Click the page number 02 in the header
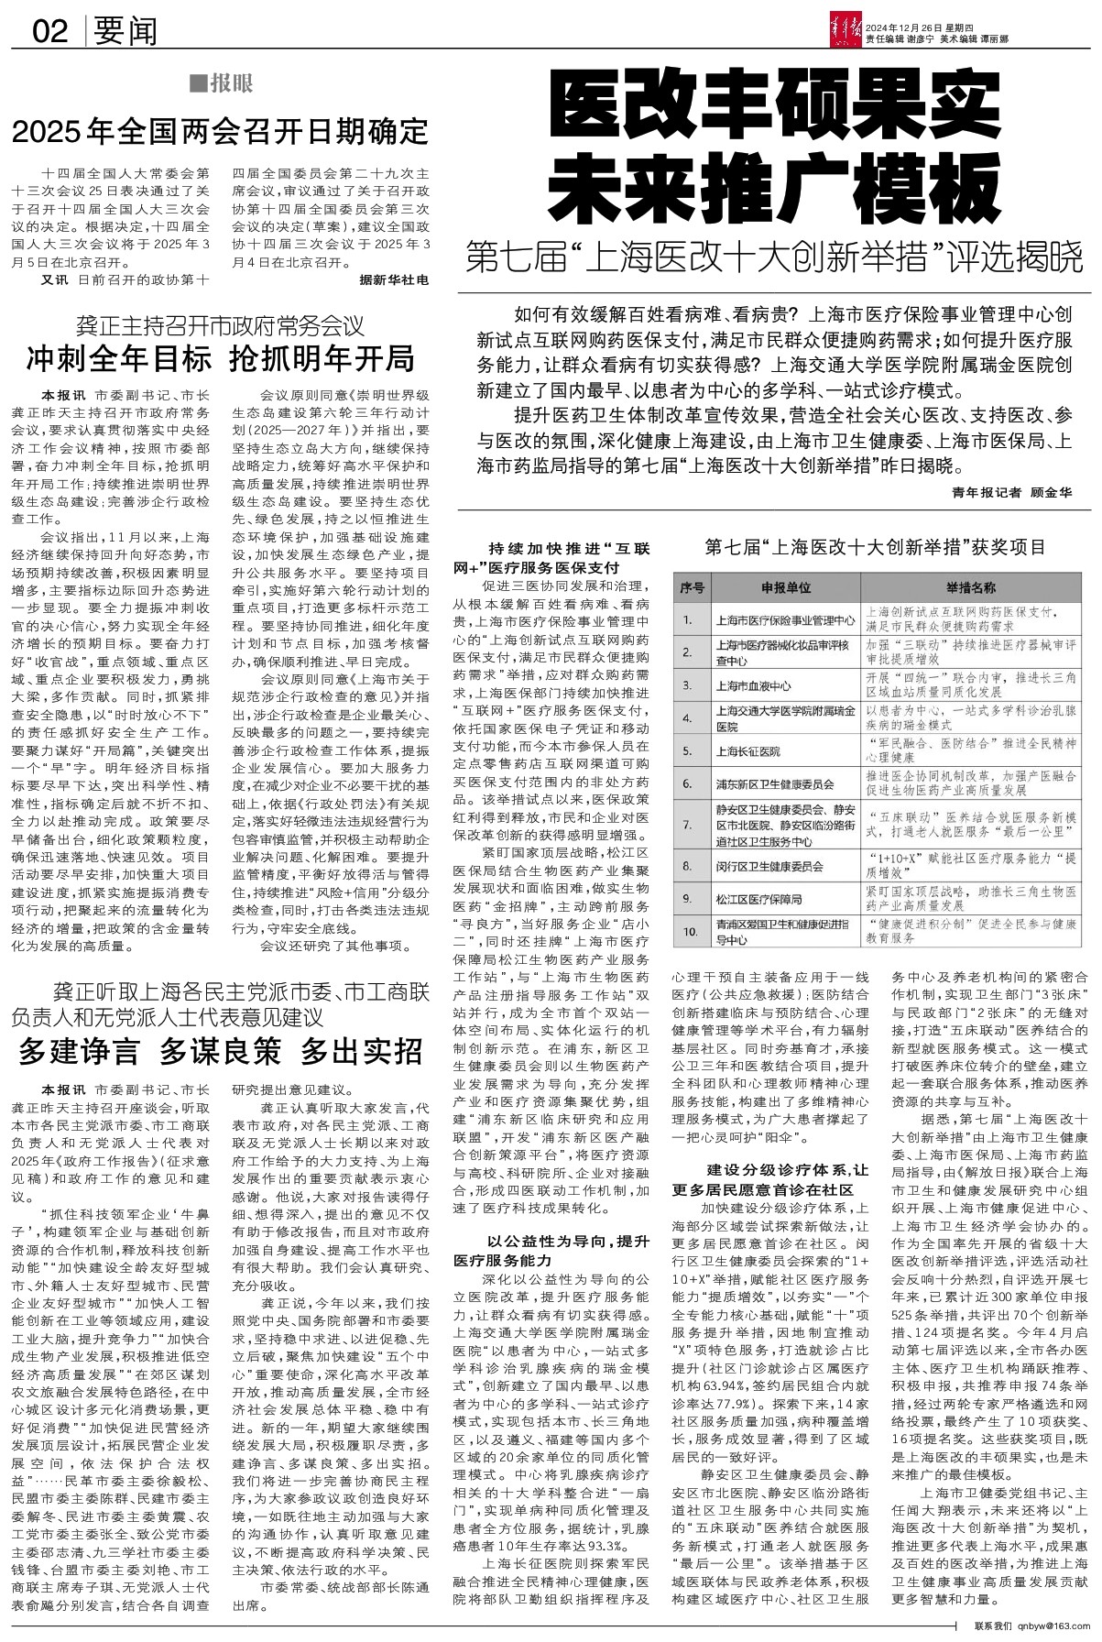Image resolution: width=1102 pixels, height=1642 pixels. tap(50, 32)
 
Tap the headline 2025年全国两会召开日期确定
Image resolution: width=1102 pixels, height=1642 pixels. tap(220, 131)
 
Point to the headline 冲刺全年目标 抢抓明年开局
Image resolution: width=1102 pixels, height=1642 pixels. tap(220, 358)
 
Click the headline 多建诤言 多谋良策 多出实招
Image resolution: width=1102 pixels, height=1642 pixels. tap(220, 1050)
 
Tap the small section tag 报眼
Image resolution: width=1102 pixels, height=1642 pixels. tap(221, 84)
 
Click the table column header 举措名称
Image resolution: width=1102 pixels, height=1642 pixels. tap(971, 587)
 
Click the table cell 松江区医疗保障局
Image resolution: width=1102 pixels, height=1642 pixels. tap(759, 899)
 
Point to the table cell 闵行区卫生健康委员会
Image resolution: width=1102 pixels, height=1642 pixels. tap(769, 866)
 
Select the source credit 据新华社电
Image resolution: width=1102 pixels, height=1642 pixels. tap(394, 279)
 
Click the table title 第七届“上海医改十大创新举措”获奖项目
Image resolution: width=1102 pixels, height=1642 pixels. tap(875, 548)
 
